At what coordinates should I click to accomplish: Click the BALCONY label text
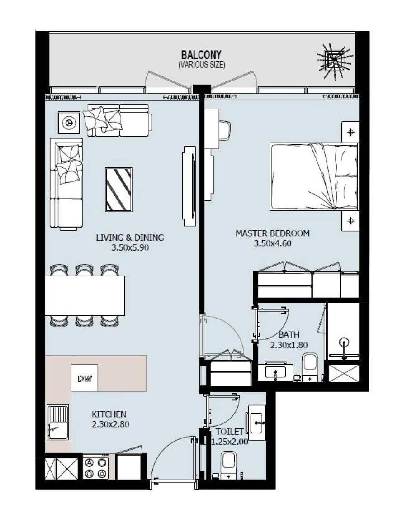(202, 56)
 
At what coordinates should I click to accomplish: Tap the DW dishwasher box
(85, 378)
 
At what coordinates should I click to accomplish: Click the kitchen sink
(57, 423)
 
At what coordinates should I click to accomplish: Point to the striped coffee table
(118, 189)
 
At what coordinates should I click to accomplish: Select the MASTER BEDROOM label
(272, 233)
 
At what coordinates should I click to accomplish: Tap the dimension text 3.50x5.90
(130, 247)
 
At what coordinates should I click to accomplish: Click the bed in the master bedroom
(314, 176)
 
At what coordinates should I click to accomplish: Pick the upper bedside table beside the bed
(350, 132)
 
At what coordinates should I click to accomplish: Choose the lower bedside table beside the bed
(350, 221)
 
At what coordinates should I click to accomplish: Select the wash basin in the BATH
(275, 372)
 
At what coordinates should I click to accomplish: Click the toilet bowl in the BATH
(310, 366)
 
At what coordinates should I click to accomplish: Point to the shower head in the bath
(345, 342)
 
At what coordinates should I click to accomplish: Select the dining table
(85, 295)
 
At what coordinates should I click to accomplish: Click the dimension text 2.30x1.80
(289, 345)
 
